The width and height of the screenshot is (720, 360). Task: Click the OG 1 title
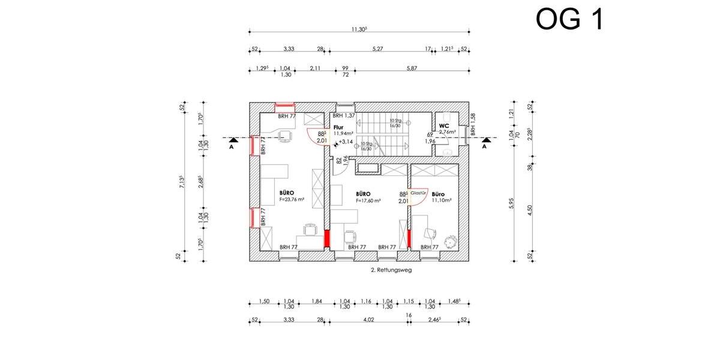[569, 20]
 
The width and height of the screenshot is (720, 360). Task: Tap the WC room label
[444, 125]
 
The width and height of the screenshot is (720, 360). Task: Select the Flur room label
[338, 127]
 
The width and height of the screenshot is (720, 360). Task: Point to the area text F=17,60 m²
[368, 201]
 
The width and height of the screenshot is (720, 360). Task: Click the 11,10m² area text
[441, 201]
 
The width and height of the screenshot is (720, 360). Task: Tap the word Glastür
[418, 193]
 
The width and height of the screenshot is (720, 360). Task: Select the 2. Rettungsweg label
[391, 270]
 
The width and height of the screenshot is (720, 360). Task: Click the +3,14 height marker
[346, 142]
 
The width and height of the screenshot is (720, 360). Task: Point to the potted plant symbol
[448, 242]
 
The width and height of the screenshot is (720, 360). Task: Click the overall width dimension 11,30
[359, 29]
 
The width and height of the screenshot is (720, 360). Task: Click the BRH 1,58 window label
[473, 124]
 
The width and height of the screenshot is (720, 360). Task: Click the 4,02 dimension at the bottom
[368, 320]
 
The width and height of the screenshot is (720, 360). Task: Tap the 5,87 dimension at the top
[412, 68]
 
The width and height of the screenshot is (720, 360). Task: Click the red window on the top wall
[284, 106]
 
